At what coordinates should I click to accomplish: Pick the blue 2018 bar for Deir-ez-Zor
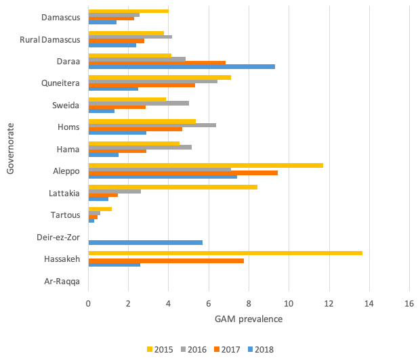pyautogui.click(x=145, y=242)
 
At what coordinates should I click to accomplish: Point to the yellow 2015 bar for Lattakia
pyautogui.click(x=173, y=187)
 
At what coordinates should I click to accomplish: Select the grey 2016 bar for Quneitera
pyautogui.click(x=152, y=81)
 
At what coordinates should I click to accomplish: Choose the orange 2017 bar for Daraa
pyautogui.click(x=156, y=62)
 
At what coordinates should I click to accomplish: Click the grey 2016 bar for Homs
pyautogui.click(x=152, y=125)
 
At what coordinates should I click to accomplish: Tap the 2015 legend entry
pyautogui.click(x=160, y=350)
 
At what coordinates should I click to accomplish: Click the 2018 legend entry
pyautogui.click(x=259, y=350)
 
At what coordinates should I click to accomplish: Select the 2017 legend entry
pyautogui.click(x=226, y=350)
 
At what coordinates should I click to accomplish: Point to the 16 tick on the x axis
pyautogui.click(x=409, y=304)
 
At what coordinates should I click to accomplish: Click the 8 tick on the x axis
pyautogui.click(x=249, y=304)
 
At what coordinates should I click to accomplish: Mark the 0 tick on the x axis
pyautogui.click(x=88, y=304)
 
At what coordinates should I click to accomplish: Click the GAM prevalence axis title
pyautogui.click(x=249, y=319)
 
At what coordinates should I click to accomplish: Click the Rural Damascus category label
pyautogui.click(x=51, y=39)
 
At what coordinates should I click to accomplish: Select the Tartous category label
pyautogui.click(x=66, y=215)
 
